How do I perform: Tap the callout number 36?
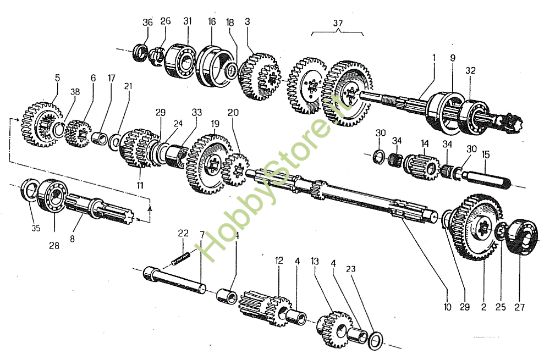pos(148,23)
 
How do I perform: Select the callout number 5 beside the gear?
pos(58,77)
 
